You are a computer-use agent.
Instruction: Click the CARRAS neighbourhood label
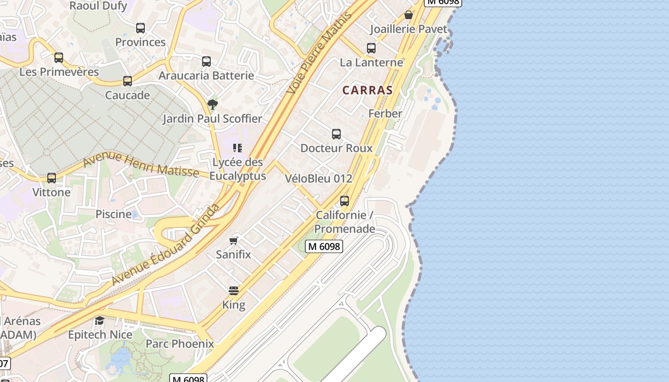[x=367, y=90]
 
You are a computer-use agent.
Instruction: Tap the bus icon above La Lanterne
[x=371, y=48]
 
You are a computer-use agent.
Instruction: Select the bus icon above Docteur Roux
[x=336, y=134]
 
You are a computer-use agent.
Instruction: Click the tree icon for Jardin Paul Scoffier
[x=213, y=104]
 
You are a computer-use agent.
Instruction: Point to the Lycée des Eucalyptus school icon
[x=237, y=148]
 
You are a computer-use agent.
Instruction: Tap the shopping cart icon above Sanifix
[x=234, y=240]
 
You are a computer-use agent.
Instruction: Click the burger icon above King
[x=234, y=290]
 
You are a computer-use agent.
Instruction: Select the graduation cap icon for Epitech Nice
[x=99, y=320]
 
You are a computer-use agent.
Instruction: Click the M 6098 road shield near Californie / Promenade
[x=324, y=246]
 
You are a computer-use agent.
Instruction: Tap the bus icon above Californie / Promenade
[x=345, y=201]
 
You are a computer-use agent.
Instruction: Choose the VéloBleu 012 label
[x=318, y=179]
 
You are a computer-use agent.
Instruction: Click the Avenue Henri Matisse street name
[x=140, y=165]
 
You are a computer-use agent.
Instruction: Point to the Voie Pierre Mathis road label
[x=319, y=53]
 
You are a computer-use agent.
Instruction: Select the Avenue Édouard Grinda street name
[x=165, y=245]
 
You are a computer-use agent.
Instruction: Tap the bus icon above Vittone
[x=52, y=178]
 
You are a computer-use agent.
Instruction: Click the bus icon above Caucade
[x=128, y=81]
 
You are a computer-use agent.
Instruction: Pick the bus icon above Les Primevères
[x=59, y=58]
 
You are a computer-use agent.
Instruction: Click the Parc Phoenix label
[x=180, y=344]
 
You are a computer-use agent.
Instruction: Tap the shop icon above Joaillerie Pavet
[x=409, y=15]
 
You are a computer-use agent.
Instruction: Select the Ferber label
[x=385, y=114]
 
